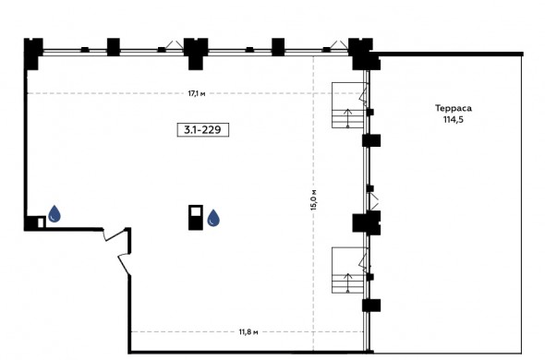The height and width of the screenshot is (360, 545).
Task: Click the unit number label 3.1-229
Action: tap(202, 130)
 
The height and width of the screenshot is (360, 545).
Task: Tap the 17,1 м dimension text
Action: tap(197, 93)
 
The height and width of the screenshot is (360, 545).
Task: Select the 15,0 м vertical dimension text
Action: tap(313, 199)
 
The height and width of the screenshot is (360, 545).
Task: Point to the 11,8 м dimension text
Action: tap(248, 332)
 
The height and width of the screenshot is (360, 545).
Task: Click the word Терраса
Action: tap(454, 108)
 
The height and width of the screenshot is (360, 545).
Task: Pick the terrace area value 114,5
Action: tap(454, 120)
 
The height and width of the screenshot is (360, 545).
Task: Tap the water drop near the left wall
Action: tap(54, 214)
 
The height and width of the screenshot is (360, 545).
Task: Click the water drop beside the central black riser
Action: tap(213, 218)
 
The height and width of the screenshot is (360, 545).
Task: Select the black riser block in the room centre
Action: tap(196, 218)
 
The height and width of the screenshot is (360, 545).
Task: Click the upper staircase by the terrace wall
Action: tap(349, 105)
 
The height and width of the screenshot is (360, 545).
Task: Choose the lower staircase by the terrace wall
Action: tap(349, 270)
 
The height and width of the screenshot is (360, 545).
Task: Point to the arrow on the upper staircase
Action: tap(347, 118)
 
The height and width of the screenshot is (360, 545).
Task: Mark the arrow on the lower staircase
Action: tap(347, 282)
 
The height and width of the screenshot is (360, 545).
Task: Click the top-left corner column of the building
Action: tap(32, 53)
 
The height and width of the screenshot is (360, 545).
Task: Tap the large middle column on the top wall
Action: tap(196, 54)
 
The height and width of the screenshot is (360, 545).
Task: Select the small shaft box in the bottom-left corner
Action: tap(41, 222)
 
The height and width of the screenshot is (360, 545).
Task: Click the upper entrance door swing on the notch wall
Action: tap(115, 234)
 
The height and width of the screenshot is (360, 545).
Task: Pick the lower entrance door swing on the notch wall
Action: tap(125, 263)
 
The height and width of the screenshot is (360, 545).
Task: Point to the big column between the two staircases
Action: tap(367, 222)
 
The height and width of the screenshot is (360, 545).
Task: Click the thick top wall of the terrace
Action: tap(447, 54)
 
